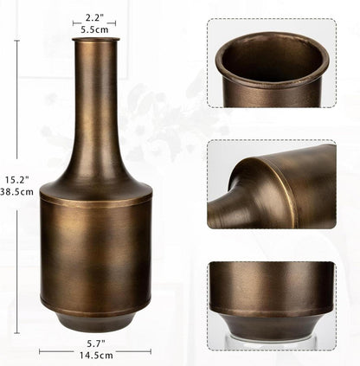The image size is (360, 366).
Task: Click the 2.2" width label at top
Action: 94,17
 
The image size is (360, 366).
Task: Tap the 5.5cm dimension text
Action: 94,29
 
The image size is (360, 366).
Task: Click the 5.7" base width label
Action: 94,343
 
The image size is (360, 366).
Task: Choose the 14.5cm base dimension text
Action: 94,355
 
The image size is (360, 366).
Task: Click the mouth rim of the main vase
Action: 94,39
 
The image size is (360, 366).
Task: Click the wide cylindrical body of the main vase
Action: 94,251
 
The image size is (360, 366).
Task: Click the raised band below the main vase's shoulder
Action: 94,200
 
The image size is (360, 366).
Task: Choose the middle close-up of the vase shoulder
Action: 271,186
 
